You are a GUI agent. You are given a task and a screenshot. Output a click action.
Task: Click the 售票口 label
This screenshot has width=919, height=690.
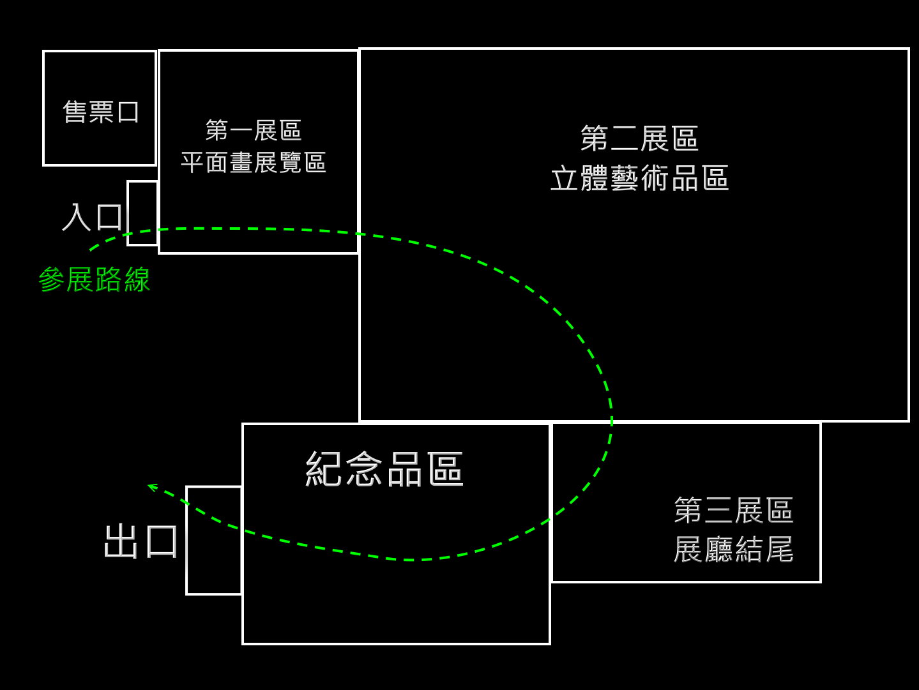point(101,112)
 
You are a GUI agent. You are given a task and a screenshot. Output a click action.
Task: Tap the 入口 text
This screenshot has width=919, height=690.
point(93,217)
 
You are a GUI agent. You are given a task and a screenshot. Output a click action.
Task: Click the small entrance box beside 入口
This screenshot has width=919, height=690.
point(142,213)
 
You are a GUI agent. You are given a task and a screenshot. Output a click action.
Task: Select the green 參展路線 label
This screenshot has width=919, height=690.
point(95,280)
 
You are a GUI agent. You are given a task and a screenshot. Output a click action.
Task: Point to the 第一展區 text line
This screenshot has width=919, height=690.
point(254,131)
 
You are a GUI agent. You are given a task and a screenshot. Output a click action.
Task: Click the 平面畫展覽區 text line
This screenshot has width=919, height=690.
point(254,163)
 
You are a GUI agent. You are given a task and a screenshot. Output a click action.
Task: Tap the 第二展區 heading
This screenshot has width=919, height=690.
point(639,139)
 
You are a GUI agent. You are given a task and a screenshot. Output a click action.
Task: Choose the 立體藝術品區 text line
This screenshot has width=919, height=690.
point(639,179)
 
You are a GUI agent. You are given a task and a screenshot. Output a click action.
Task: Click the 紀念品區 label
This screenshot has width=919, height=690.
point(384,470)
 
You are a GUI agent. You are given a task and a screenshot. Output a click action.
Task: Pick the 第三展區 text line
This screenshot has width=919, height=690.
point(733,511)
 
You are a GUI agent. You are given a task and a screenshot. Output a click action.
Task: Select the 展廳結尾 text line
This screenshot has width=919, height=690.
point(733,549)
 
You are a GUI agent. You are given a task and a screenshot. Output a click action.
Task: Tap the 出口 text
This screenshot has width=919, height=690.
point(141,541)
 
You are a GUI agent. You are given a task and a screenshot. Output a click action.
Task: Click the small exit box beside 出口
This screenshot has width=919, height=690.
point(214,540)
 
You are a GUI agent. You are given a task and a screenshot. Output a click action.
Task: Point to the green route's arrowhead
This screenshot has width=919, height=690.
point(151,487)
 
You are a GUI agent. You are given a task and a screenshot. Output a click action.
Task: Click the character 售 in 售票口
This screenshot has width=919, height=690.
point(75,112)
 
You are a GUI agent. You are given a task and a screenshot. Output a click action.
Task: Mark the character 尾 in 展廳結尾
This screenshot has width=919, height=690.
point(780,549)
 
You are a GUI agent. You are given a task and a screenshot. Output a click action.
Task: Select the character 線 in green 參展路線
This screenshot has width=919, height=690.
point(137,280)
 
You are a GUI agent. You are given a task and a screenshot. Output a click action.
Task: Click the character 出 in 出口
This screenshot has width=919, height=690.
point(121,541)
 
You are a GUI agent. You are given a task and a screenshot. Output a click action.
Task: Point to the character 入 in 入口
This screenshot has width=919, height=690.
point(77,217)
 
